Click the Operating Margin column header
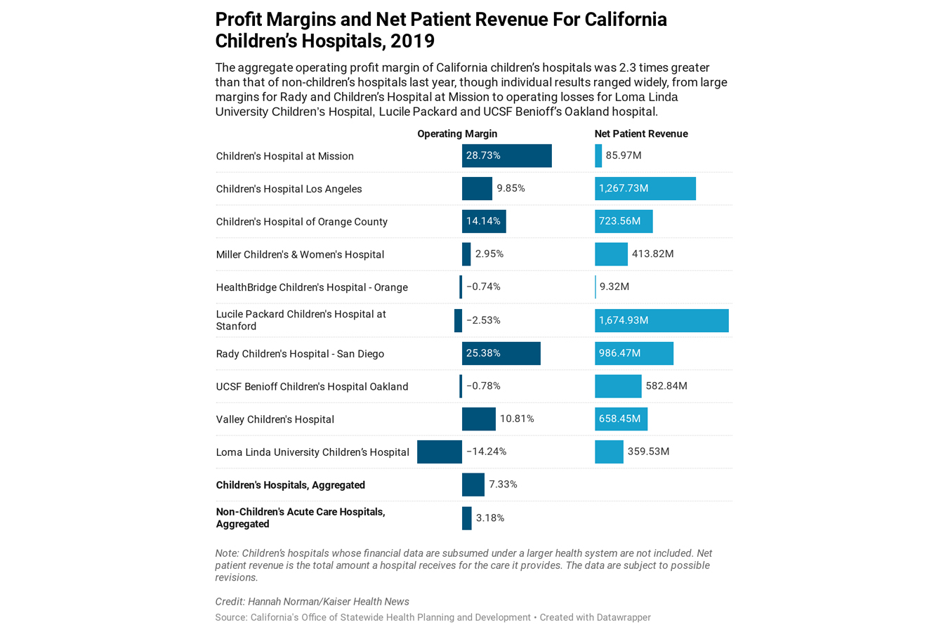pos(457,134)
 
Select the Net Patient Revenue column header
pos(640,134)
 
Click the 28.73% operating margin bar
pos(506,156)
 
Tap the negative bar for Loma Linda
pos(439,452)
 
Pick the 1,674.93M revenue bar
pos(661,320)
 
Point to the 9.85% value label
pos(511,188)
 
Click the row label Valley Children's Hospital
pos(275,419)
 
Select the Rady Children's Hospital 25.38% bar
pos(501,353)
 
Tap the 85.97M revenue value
pos(624,155)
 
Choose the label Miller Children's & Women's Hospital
pos(300,254)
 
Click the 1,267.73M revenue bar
pos(645,188)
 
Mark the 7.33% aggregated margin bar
pos(473,485)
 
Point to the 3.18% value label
pos(490,518)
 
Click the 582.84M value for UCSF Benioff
pos(666,386)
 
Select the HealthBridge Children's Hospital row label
pos(312,287)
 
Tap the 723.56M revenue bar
pos(623,221)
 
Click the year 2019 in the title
pos(413,41)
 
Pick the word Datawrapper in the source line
pos(623,617)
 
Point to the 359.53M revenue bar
pos(609,452)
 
